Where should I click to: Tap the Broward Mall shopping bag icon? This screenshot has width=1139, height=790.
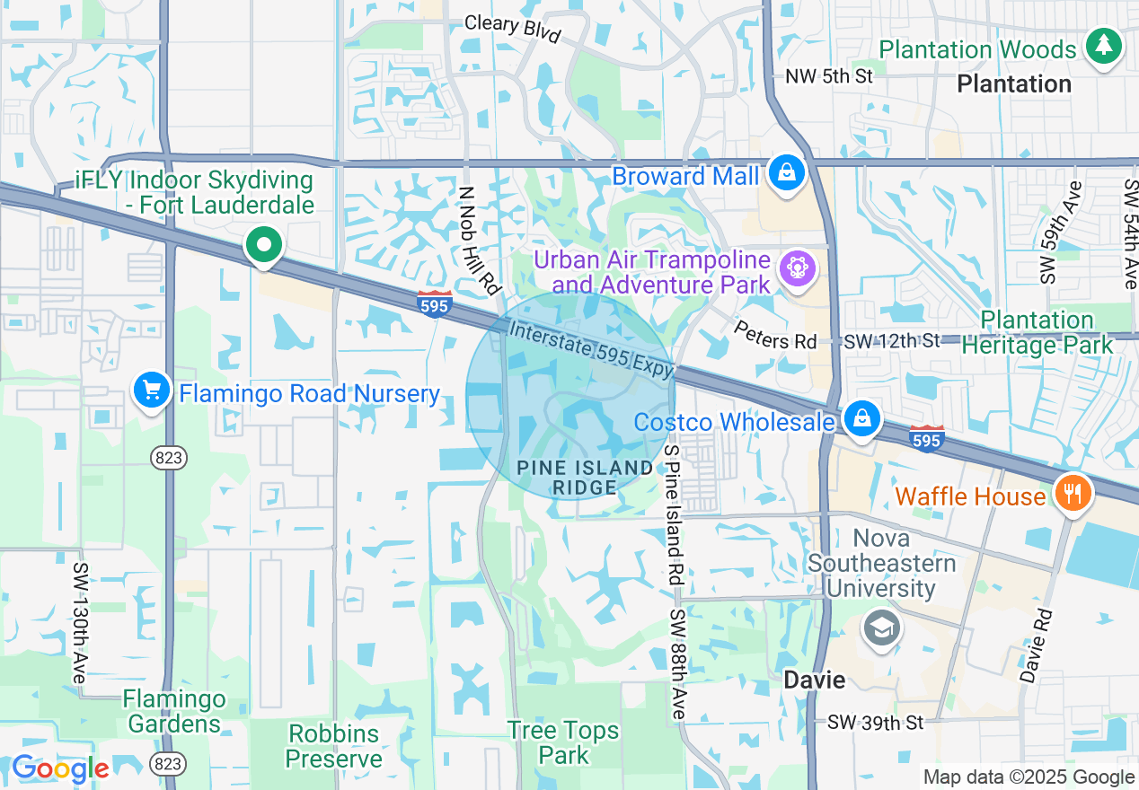(x=787, y=172)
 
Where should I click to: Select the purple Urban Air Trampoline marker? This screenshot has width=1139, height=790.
(x=796, y=268)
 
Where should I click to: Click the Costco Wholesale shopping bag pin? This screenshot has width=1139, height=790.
(x=861, y=419)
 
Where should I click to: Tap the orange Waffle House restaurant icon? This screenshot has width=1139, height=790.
(x=1071, y=493)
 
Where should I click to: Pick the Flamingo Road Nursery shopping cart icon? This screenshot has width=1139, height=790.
(x=152, y=391)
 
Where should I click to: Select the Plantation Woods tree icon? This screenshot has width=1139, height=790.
(x=1103, y=46)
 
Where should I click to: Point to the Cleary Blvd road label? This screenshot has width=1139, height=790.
(x=512, y=27)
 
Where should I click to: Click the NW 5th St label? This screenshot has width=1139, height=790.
(x=828, y=76)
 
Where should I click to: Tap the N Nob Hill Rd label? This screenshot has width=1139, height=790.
(x=478, y=241)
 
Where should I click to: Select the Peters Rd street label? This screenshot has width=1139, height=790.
(x=774, y=336)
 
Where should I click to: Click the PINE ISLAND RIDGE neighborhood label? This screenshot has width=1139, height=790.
(x=585, y=477)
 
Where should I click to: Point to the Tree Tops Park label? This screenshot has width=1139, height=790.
(x=563, y=743)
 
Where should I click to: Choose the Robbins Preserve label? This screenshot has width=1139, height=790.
(x=333, y=746)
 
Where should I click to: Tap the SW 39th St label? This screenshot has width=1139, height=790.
(x=875, y=723)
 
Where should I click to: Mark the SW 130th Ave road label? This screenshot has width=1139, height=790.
(x=81, y=624)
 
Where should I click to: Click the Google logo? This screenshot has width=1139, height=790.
(x=60, y=768)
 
